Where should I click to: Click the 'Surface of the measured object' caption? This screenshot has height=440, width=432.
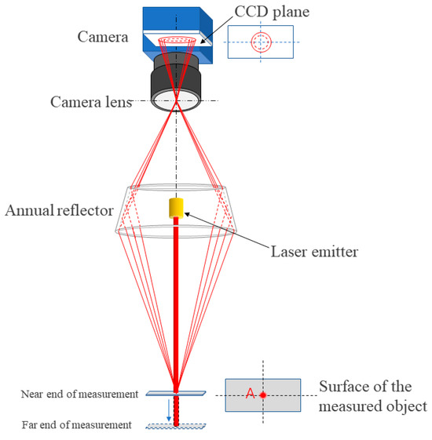tap(372, 396)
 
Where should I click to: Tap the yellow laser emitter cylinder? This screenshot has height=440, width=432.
tap(176, 208)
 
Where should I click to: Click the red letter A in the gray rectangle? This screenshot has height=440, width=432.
tap(250, 395)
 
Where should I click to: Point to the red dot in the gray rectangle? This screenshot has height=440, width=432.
tap(263, 396)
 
